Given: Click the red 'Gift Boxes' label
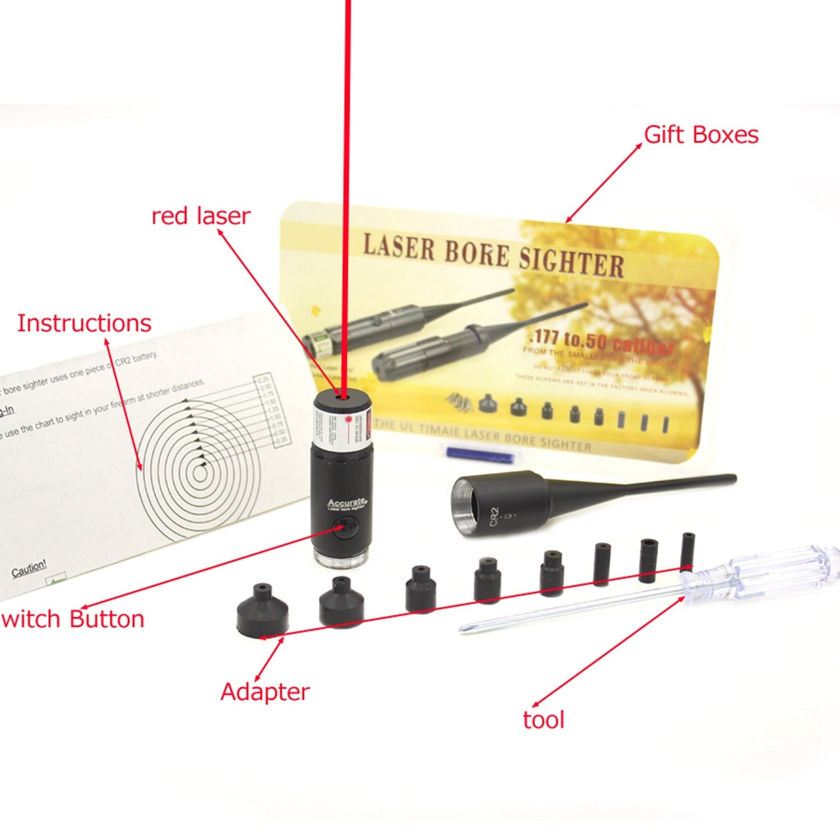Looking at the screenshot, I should click(701, 135).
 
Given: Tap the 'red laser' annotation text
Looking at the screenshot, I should click(201, 216).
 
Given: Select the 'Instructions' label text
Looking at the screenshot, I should click(84, 323).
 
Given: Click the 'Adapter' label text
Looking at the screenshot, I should click(264, 692).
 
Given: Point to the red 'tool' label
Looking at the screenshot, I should click(543, 720).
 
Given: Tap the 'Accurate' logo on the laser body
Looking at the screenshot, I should click(346, 503).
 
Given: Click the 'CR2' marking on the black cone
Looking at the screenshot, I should click(494, 517).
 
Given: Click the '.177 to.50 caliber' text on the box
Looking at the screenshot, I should click(601, 342).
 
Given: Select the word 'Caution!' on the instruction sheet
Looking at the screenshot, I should click(28, 568).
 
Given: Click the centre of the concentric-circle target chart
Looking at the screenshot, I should click(200, 474).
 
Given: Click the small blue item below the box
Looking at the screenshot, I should click(471, 453).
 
